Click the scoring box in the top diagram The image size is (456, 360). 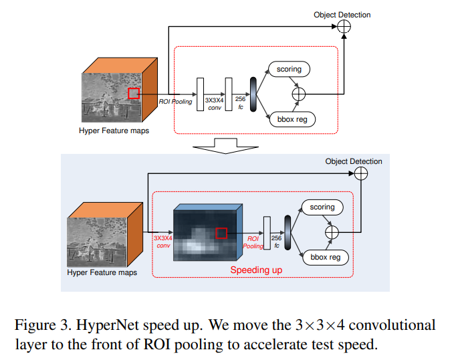pos(290,69)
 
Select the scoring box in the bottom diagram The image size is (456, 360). pos(322,207)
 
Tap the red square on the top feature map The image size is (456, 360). pos(134,94)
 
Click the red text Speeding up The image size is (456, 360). pos(256,270)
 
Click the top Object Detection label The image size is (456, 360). pos(342,14)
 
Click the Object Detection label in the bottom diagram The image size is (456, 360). pos(354,161)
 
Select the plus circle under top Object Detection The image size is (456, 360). pos(344,26)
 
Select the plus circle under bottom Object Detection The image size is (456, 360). pos(361,174)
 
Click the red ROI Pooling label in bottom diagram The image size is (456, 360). pos(253,242)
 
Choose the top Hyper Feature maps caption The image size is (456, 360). pos(114,130)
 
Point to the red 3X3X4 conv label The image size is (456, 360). pos(162,241)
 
